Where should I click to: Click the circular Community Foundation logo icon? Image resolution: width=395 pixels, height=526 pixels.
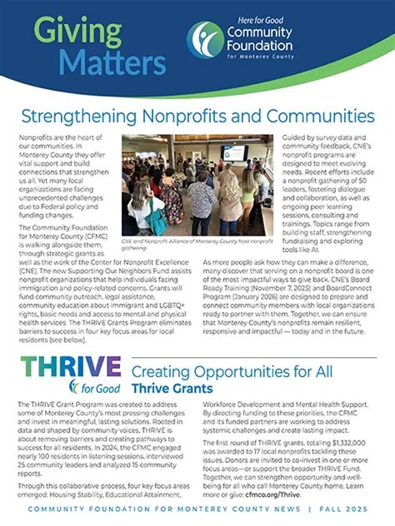[205, 39]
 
